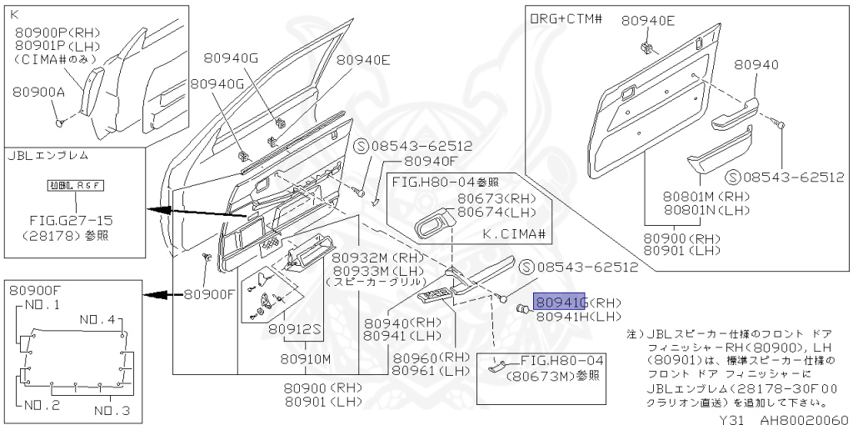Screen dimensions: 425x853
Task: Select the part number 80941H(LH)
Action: (x=578, y=317)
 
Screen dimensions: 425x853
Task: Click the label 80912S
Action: (x=295, y=329)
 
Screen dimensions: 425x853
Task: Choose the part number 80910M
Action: (x=304, y=358)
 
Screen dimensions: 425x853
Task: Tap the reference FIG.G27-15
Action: (x=72, y=220)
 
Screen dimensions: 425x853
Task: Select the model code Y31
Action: (x=731, y=418)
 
